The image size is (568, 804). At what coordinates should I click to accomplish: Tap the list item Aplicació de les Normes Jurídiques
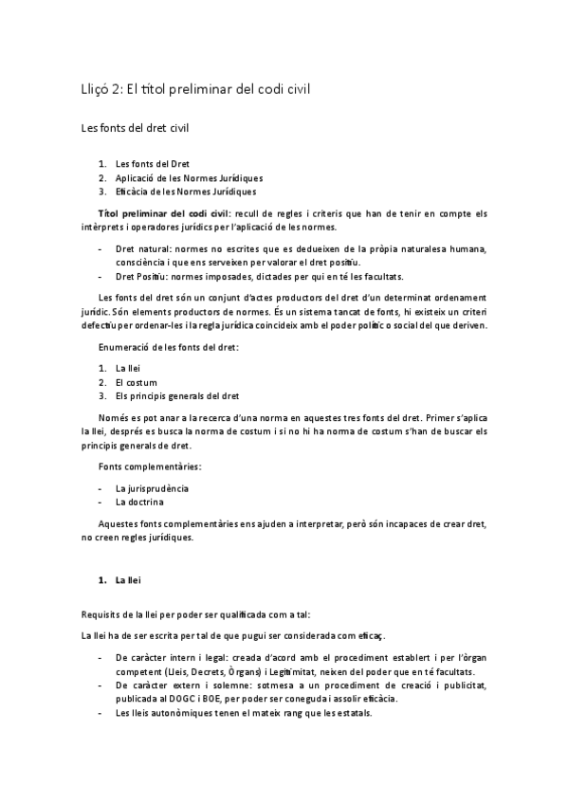(189, 177)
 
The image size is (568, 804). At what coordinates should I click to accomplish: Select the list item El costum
(139, 381)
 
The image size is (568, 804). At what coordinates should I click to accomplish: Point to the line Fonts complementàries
(150, 466)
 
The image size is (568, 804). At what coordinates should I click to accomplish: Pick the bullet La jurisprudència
(152, 487)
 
